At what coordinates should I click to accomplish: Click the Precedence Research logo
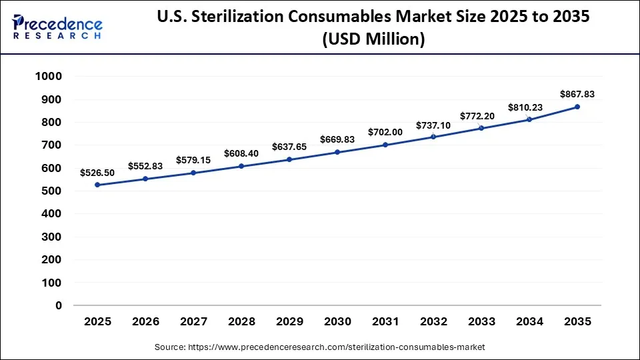pyautogui.click(x=57, y=27)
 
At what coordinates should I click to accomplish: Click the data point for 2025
pyautogui.click(x=97, y=185)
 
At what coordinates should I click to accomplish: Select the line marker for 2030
pyautogui.click(x=337, y=152)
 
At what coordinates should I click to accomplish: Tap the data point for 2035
pyautogui.click(x=577, y=107)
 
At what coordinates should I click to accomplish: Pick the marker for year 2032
pyautogui.click(x=433, y=137)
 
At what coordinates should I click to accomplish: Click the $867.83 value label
pyautogui.click(x=577, y=94)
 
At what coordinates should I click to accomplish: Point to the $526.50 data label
pyautogui.click(x=97, y=173)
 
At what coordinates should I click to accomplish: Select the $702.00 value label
pyautogui.click(x=385, y=132)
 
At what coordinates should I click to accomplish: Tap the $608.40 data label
pyautogui.click(x=241, y=153)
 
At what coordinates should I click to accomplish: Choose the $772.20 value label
pyautogui.click(x=481, y=116)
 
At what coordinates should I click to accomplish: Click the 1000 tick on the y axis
pyautogui.click(x=48, y=77)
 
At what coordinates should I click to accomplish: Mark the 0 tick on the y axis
pyautogui.click(x=59, y=305)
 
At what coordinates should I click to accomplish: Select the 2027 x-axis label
pyautogui.click(x=193, y=321)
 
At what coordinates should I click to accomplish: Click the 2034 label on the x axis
pyautogui.click(x=529, y=321)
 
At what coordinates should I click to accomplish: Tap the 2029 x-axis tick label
pyautogui.click(x=289, y=321)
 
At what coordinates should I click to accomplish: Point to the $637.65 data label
pyautogui.click(x=289, y=147)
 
